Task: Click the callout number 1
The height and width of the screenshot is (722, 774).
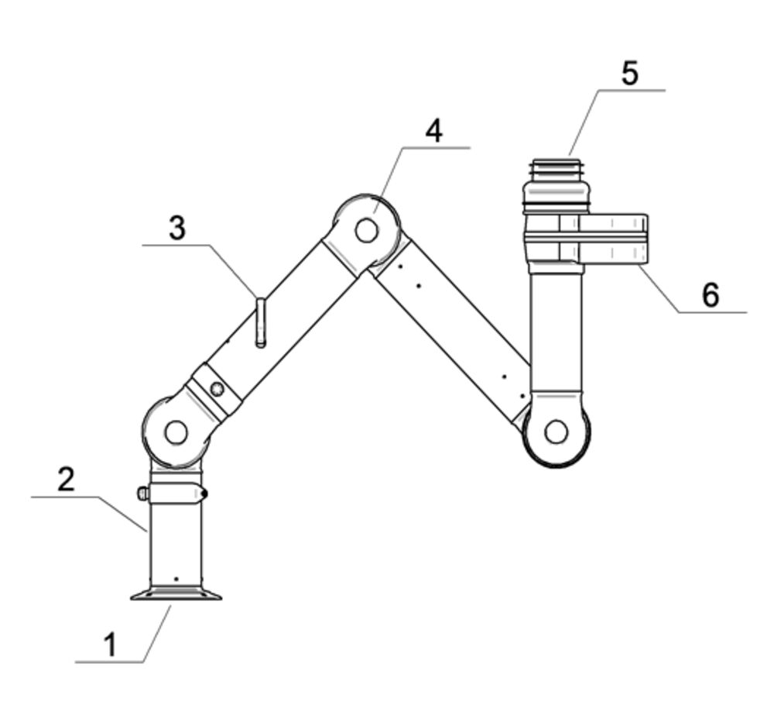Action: (x=111, y=645)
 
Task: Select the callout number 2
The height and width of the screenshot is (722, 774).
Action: (x=66, y=479)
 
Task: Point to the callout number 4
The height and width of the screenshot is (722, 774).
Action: (x=434, y=131)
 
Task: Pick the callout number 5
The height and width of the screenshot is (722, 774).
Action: (x=629, y=73)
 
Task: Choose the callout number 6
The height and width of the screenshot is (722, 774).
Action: (x=711, y=295)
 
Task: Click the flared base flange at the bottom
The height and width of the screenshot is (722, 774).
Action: (x=176, y=593)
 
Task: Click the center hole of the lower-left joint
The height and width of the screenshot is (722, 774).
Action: (x=176, y=432)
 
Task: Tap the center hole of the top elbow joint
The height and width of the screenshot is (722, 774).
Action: (x=366, y=230)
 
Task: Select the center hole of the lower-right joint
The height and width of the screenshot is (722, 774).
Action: (x=557, y=432)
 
